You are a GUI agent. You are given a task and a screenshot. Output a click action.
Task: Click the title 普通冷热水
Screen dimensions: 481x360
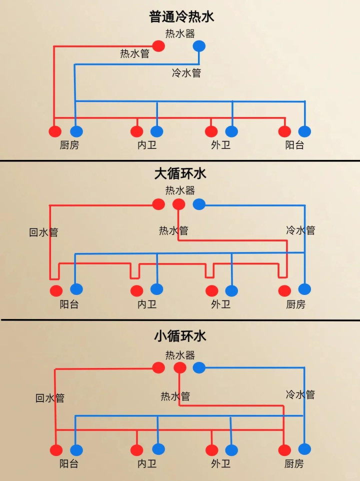tap(180, 17)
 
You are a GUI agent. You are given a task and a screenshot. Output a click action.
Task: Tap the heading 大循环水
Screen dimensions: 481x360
tap(180, 174)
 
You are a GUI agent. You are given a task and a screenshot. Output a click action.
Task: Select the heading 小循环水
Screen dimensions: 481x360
tap(180, 336)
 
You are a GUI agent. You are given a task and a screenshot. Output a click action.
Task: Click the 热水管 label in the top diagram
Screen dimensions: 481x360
tap(134, 53)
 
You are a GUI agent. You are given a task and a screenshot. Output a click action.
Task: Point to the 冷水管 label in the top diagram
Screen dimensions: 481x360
tap(186, 73)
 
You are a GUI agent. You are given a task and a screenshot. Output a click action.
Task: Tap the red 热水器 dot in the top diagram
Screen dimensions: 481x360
tap(158, 46)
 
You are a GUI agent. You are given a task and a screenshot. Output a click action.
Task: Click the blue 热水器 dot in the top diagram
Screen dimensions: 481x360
tap(199, 46)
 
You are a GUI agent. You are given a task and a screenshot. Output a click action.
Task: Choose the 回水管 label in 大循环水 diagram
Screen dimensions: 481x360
tap(43, 232)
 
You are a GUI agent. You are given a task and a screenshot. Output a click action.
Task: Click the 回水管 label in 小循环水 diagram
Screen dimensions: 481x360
tap(50, 398)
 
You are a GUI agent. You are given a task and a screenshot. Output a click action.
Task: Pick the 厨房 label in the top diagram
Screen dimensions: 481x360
tap(69, 145)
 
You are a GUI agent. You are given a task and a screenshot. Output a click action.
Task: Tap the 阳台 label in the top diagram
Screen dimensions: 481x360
tap(294, 145)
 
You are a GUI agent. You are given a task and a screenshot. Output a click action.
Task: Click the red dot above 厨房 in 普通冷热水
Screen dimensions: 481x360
tap(55, 131)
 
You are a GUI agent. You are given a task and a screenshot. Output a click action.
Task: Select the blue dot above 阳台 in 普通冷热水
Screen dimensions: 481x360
tap(304, 131)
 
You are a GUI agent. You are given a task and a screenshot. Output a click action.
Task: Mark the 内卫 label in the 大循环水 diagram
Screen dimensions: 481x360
tap(147, 304)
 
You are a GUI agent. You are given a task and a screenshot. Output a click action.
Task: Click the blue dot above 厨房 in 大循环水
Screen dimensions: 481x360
tap(304, 289)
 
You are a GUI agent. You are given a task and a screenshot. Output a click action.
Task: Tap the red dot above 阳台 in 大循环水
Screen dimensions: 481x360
tap(56, 290)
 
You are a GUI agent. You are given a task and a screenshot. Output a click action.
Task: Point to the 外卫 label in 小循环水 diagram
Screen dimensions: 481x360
tap(221, 463)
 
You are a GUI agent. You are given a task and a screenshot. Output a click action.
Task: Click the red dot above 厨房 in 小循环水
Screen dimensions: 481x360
tap(284, 450)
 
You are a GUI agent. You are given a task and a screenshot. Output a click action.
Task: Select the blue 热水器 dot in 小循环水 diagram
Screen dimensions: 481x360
tap(199, 368)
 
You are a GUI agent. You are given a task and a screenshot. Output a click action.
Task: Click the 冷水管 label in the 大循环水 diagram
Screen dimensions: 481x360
tap(300, 230)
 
